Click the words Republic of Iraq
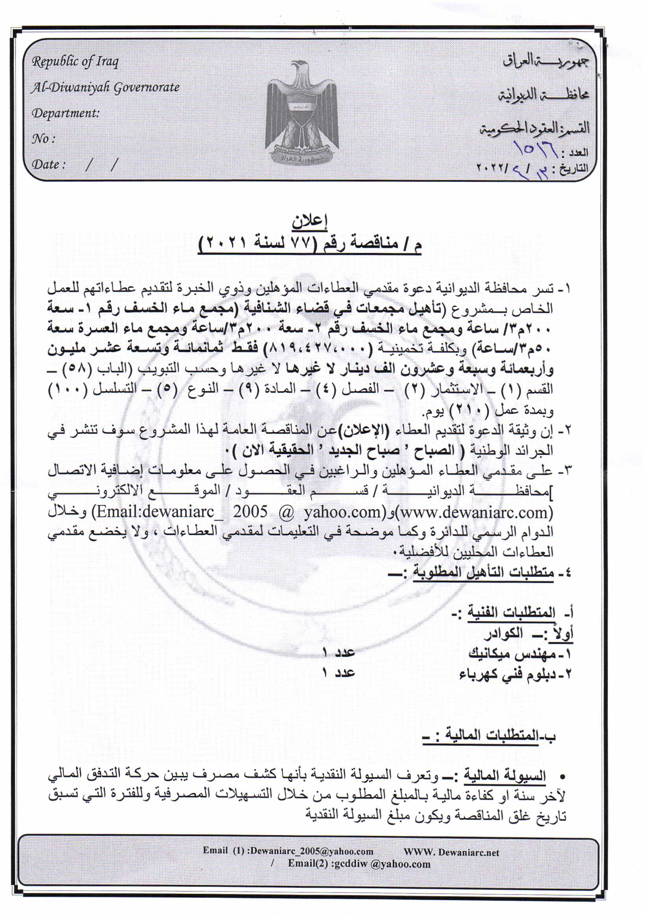[75, 62]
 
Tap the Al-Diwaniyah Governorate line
[105, 87]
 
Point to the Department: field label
[65, 113]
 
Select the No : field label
[43, 139]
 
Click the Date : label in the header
[48, 165]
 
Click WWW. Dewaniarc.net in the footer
[451, 852]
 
